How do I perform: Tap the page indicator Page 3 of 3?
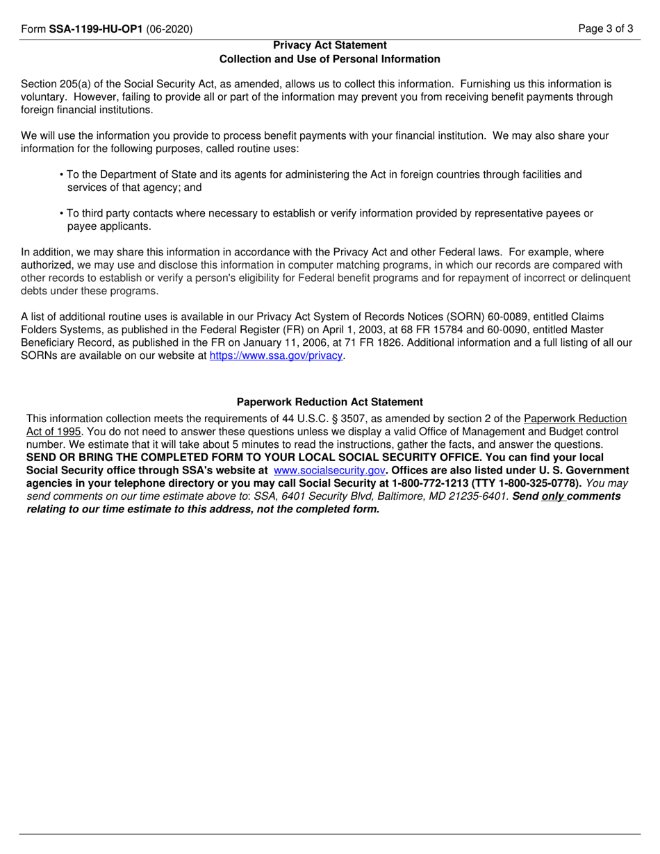[609, 29]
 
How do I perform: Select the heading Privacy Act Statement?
[330, 45]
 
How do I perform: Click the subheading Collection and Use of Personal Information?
[330, 59]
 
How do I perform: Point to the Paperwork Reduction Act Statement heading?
[330, 402]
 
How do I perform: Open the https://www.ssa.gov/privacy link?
[277, 355]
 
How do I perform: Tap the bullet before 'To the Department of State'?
[63, 175]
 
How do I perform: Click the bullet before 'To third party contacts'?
[63, 214]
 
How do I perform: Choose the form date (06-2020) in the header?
[170, 29]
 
